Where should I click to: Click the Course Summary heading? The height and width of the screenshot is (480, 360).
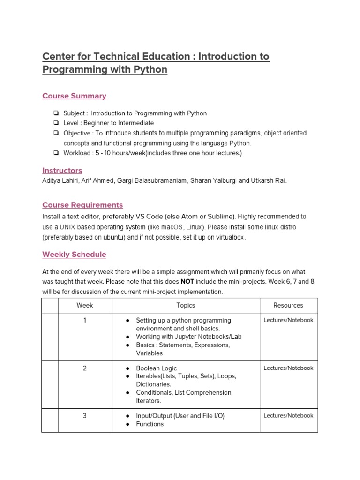(x=74, y=96)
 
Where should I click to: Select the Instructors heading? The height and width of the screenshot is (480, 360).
(x=62, y=171)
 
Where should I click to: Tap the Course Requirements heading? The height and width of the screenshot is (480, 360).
(x=82, y=205)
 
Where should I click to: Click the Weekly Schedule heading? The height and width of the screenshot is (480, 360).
(x=74, y=255)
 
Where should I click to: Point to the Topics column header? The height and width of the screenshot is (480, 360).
(x=186, y=305)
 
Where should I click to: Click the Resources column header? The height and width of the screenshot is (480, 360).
(x=288, y=305)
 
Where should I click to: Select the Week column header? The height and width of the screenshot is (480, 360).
(x=85, y=305)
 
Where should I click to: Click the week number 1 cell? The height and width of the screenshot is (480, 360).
(x=85, y=321)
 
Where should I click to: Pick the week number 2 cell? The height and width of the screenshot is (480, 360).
(x=85, y=368)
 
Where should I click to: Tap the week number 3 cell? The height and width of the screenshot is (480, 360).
(x=85, y=416)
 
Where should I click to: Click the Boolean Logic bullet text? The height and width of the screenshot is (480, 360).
(x=157, y=368)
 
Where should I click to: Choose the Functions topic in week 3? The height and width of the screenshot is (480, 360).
(x=150, y=424)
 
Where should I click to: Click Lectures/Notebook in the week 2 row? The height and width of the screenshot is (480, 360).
(x=288, y=368)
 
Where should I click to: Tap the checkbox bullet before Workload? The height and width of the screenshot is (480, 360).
(x=56, y=153)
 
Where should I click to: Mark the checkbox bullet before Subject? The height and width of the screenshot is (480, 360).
(x=56, y=113)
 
